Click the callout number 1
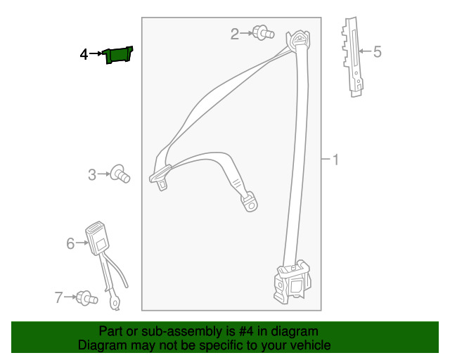tap(335, 160)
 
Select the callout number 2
tap(235, 33)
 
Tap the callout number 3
tap(92, 174)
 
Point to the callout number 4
tap(84, 53)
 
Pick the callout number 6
tap(70, 243)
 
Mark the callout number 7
tap(59, 297)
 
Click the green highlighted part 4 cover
tap(118, 55)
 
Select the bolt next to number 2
tap(262, 32)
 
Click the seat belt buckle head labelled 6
tap(96, 236)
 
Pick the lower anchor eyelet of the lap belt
tap(250, 202)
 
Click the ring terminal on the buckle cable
tap(115, 304)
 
